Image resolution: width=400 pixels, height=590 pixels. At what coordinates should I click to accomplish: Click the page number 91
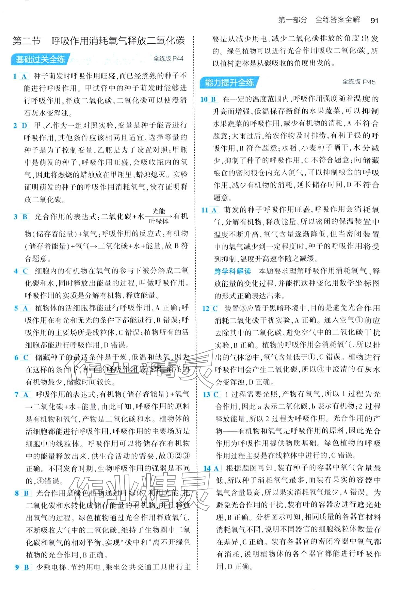point(374,20)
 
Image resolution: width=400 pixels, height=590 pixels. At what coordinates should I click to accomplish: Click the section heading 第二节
point(26,41)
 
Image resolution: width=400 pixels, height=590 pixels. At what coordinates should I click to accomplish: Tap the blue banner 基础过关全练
point(40,59)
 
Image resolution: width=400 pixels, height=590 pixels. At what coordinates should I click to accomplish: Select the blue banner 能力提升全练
point(229,82)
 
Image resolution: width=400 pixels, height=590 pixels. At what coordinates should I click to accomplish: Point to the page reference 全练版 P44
point(168,58)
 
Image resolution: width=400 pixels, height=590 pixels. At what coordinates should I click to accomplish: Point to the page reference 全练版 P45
point(359,82)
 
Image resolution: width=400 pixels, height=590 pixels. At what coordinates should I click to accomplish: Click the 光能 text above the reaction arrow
point(159,211)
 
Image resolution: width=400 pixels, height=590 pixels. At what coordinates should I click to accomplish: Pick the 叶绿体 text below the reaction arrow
point(159,221)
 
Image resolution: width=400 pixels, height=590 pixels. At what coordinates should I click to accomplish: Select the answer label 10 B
point(208,99)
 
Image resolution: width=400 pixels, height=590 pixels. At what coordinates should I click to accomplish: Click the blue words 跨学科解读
point(232,271)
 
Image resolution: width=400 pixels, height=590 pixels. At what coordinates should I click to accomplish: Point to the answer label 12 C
point(210,308)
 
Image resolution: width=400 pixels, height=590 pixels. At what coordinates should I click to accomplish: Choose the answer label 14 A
point(211,468)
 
